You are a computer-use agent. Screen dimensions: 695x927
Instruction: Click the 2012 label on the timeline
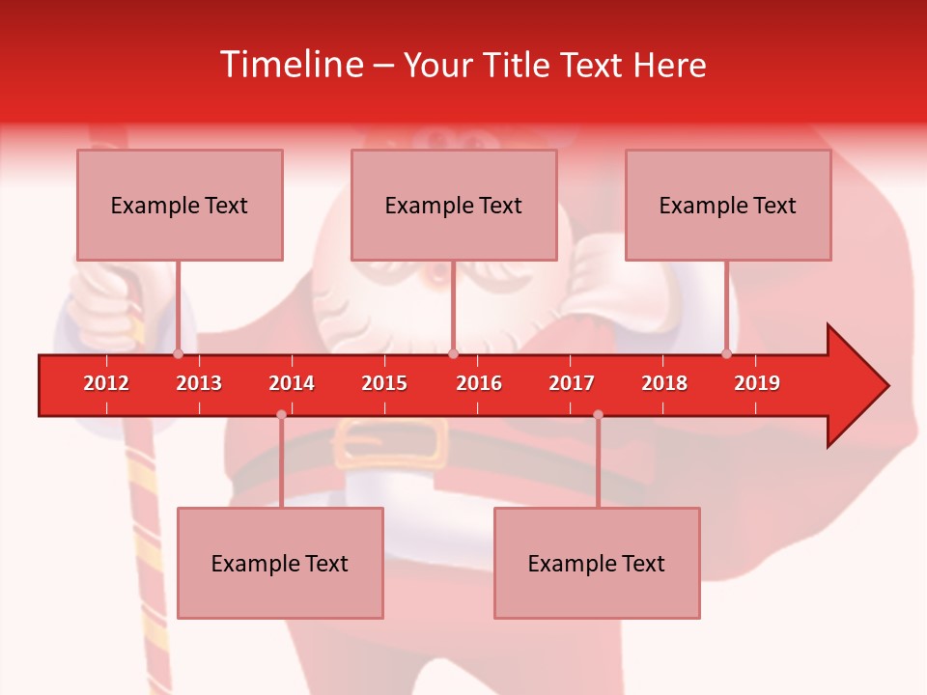click(106, 383)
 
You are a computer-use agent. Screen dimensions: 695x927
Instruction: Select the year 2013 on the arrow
click(199, 383)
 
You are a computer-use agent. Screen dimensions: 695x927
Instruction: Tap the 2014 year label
click(292, 383)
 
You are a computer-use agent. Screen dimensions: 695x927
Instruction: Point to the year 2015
click(384, 383)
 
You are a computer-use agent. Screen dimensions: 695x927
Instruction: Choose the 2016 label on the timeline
click(479, 383)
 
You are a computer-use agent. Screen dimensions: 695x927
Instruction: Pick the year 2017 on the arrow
click(572, 383)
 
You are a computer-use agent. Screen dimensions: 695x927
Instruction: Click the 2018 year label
click(664, 383)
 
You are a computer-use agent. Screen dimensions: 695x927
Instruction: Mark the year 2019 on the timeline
click(757, 383)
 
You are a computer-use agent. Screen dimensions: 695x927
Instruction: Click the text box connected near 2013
click(180, 205)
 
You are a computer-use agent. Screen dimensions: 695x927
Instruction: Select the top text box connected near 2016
click(454, 205)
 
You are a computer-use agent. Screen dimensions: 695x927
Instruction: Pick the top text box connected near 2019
click(728, 205)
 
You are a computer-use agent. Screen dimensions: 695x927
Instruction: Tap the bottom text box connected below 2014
click(280, 563)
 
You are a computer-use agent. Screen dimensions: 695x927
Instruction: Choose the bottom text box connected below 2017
click(597, 563)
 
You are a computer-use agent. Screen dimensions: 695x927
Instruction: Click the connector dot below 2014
click(281, 414)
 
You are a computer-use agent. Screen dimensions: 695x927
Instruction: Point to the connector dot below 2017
click(598, 414)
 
